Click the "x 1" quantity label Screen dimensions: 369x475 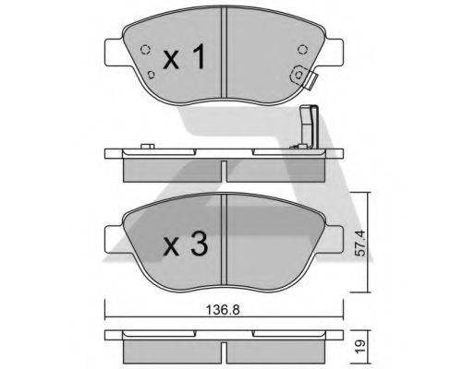(x=183, y=59)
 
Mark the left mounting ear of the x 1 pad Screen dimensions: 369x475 (x=113, y=48)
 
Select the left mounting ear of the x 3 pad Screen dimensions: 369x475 (x=113, y=238)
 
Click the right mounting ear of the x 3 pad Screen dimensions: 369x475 (x=336, y=238)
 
